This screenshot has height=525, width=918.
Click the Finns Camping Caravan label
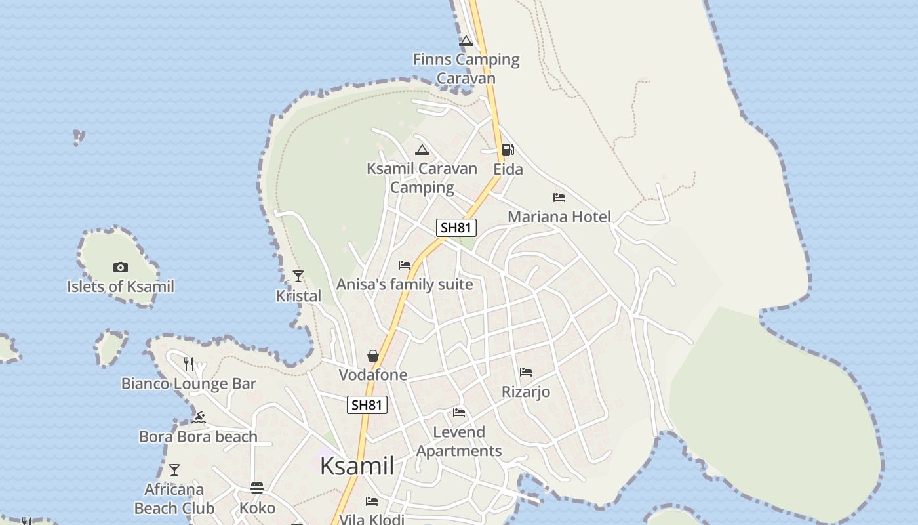pos(466,69)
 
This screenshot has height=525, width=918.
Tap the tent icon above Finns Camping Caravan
pos(466,41)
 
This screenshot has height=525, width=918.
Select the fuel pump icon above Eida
pos(508,150)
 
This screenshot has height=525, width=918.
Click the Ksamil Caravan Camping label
pos(422,178)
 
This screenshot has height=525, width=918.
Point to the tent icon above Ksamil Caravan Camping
pos(422,150)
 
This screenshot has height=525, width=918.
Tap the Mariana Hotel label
pos(559,217)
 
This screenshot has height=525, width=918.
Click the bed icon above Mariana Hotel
pos(559,197)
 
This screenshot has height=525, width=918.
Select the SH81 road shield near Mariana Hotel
pos(456,228)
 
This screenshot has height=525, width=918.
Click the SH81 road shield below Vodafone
pos(367,405)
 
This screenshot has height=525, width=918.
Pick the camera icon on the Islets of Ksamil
pos(120,267)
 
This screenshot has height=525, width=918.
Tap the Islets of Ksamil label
pos(121,287)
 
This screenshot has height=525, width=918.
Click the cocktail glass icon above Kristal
pos(298,276)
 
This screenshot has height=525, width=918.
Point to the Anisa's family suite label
pos(405,284)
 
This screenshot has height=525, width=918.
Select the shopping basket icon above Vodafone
pos(373,356)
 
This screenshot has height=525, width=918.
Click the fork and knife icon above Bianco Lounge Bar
pos(189,364)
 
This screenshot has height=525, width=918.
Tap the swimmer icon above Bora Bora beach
pos(199,417)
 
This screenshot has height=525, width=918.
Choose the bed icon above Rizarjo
pos(526,372)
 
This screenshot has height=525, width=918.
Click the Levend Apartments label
pos(459,442)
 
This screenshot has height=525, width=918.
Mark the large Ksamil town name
pos(357,466)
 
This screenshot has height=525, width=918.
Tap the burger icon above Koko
pos(257,488)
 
